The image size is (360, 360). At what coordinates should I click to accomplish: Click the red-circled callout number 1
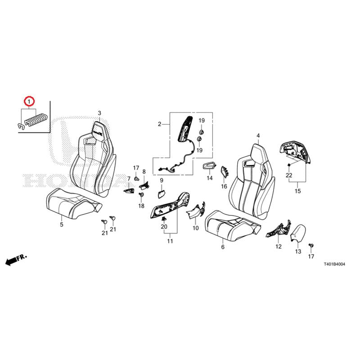(29, 101)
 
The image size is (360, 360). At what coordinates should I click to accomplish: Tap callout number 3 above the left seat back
(99, 113)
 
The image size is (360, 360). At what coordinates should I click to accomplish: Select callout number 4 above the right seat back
(258, 135)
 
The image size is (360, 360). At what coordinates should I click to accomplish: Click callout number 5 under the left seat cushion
(62, 224)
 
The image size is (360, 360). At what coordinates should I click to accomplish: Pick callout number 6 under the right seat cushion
(222, 247)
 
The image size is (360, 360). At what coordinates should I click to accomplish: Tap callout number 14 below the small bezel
(209, 178)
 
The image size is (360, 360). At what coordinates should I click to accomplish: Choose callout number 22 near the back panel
(289, 175)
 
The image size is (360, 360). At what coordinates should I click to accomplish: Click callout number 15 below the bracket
(297, 191)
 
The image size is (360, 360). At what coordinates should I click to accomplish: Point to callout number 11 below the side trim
(170, 242)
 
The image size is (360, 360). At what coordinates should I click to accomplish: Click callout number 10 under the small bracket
(195, 228)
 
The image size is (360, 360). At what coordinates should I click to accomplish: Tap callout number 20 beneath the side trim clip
(164, 226)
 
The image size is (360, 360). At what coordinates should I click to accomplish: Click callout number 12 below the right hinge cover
(279, 247)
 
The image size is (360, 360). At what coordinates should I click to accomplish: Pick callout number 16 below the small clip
(224, 186)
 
